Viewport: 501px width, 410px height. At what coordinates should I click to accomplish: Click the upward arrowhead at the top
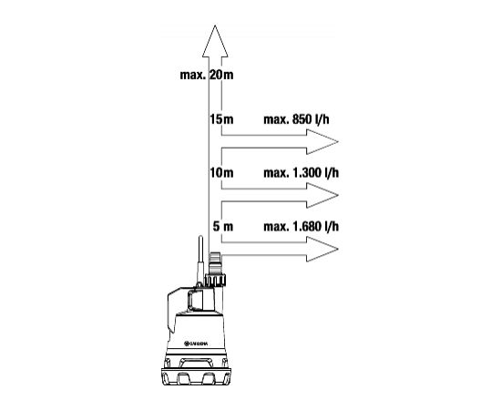coord(215,41)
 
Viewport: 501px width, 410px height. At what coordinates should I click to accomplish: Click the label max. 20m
coord(207,75)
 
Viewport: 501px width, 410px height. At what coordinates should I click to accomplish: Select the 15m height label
coord(221,119)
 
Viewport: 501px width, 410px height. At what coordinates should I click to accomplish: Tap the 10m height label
coord(221,173)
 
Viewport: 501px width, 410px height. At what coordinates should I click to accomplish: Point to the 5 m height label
coord(223,227)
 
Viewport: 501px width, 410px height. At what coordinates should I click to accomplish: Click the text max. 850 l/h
coord(296,119)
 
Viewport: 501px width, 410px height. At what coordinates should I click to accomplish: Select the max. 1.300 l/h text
coord(301,173)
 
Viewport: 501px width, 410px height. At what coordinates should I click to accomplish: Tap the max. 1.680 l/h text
coord(301,227)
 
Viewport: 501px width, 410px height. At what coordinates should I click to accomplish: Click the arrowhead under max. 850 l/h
coord(322,141)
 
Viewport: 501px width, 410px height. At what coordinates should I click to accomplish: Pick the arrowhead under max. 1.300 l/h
coord(322,195)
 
